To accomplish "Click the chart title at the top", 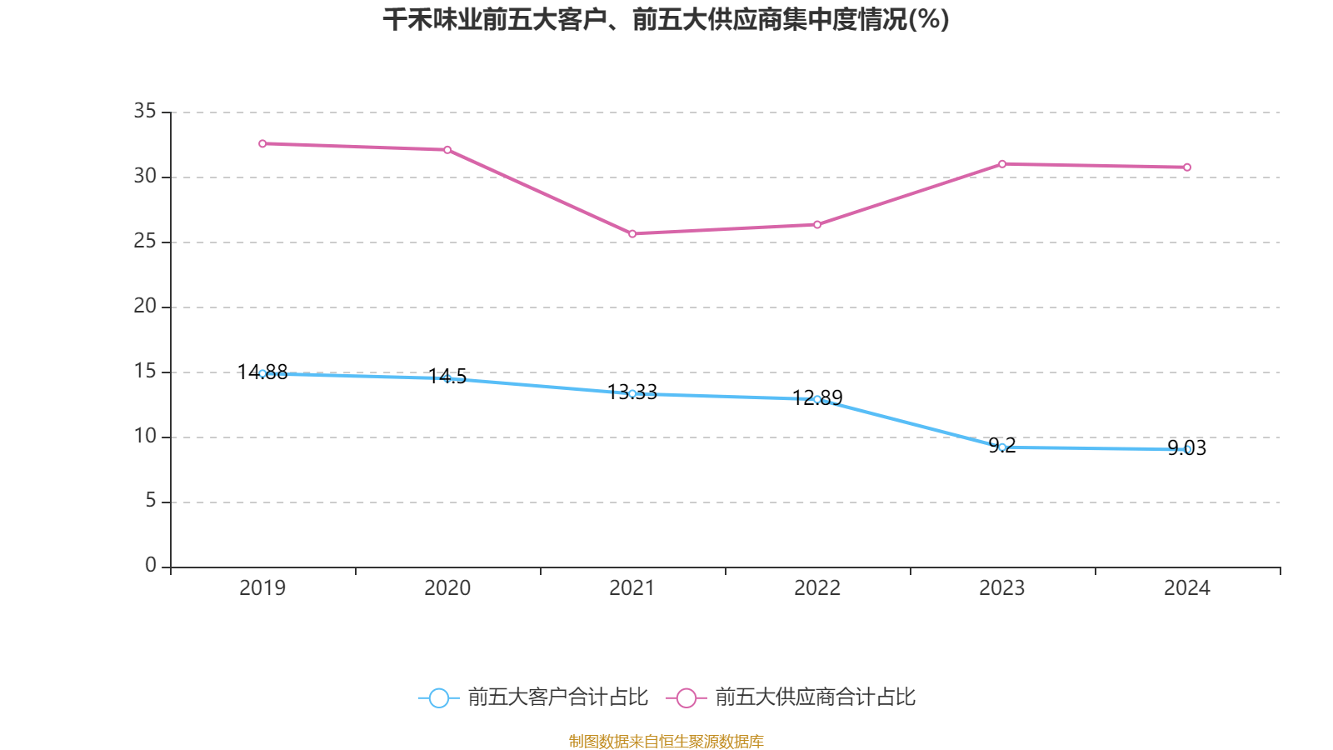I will click(x=666, y=20).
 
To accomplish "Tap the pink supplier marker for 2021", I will click(x=632, y=234).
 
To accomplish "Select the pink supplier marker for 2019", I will click(x=262, y=143).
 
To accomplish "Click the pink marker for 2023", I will click(x=1002, y=163).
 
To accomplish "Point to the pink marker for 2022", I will click(x=817, y=224).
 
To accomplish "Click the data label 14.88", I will click(x=262, y=372).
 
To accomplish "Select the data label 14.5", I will click(x=447, y=377).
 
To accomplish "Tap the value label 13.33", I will click(x=632, y=392).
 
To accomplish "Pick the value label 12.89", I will click(x=817, y=397).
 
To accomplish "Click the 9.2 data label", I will click(x=1002, y=445).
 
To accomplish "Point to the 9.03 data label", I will click(x=1187, y=447).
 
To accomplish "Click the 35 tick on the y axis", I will click(x=145, y=111).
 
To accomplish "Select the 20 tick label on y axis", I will click(x=145, y=306).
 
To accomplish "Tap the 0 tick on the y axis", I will click(x=150, y=566).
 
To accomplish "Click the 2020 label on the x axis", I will click(x=447, y=588).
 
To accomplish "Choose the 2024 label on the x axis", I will click(x=1187, y=588).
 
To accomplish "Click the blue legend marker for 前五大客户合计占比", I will click(x=438, y=697).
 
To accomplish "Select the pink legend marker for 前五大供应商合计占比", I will click(x=686, y=697).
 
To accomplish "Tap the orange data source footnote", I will click(x=666, y=741).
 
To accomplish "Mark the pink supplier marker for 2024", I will click(x=1187, y=167).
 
